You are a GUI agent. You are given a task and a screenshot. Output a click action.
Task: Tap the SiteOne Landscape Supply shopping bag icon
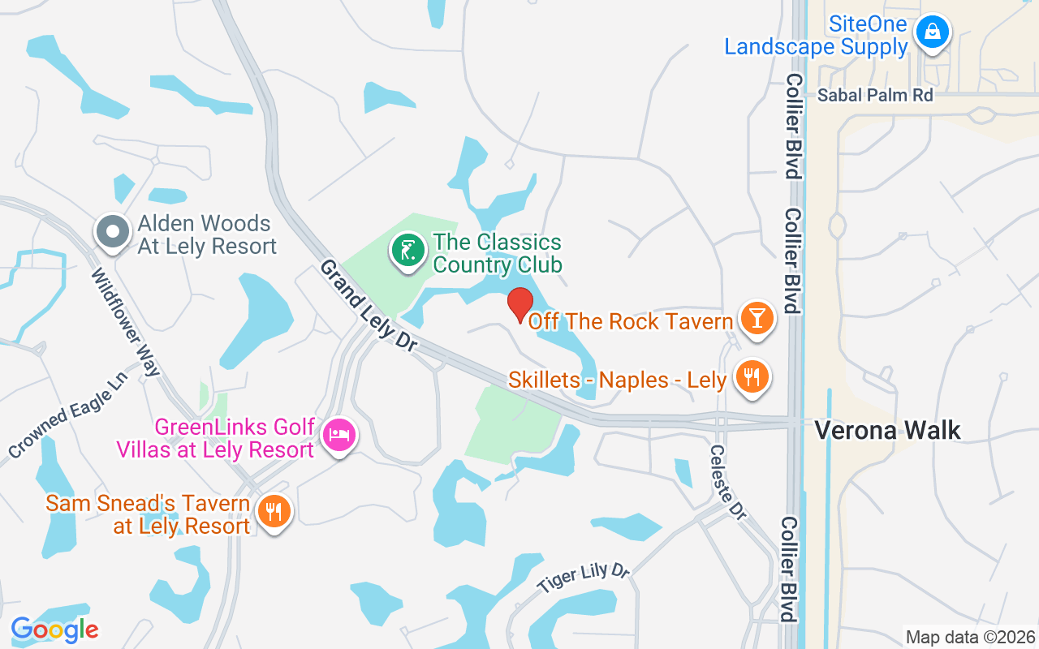pos(933,32)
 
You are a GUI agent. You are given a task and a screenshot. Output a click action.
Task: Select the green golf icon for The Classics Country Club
pos(407,250)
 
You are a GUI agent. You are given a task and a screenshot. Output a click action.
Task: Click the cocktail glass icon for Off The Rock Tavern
pos(757,318)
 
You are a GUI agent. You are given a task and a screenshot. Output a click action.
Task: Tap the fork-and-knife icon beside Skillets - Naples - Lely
pos(752,377)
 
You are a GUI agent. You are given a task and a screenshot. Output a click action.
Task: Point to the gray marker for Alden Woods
pos(113,232)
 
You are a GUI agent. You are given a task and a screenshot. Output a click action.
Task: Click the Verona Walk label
pos(887,430)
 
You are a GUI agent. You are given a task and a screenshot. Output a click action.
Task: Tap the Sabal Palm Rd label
pos(875,95)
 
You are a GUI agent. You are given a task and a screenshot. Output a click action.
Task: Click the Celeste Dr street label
pos(727,484)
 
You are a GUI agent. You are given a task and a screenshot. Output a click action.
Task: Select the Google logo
pos(54,629)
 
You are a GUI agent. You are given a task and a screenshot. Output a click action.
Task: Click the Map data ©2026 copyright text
pos(970,637)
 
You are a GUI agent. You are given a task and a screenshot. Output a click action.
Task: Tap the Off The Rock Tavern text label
pos(631,322)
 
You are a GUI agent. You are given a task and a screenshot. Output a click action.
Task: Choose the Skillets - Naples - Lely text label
pos(617,380)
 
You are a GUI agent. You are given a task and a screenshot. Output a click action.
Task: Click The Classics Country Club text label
pos(497,253)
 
